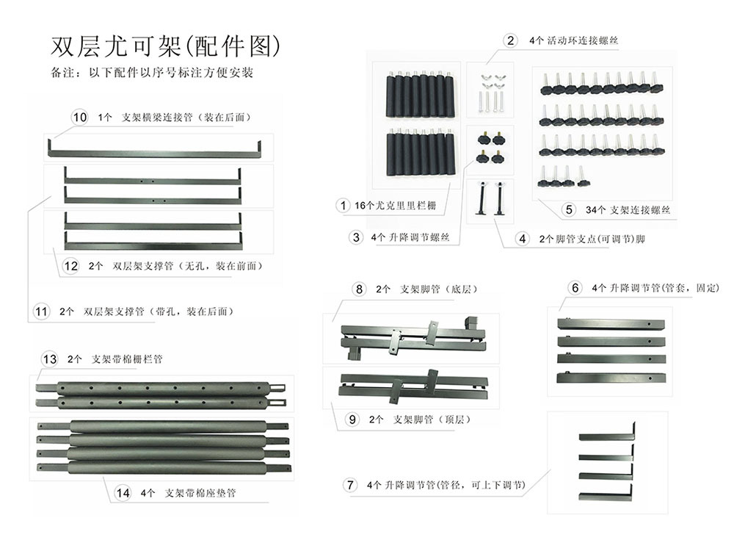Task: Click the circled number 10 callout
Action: point(79,118)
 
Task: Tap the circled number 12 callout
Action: point(70,266)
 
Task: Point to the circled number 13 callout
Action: point(50,359)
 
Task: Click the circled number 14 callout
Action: point(122,492)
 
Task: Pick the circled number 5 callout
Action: point(569,209)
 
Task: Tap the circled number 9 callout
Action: point(353,419)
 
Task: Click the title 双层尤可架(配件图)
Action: point(166,46)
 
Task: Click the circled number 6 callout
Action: point(575,288)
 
